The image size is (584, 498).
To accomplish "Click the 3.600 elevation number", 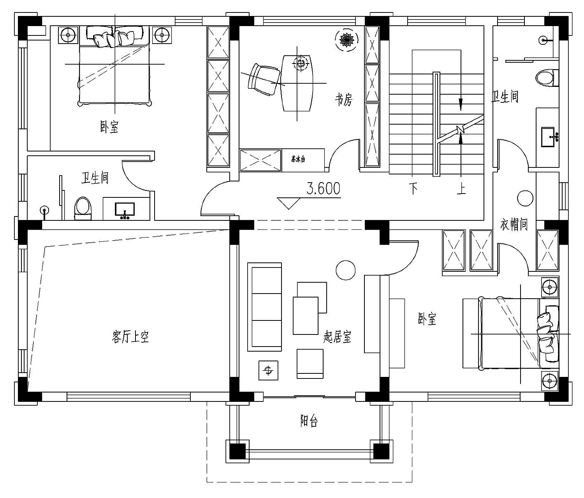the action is [324, 188].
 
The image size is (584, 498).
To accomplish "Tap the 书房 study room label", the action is [344, 100].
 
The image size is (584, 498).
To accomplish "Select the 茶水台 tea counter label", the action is [298, 159].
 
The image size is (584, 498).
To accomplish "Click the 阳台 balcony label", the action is [309, 421].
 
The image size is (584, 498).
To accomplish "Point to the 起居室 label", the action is [337, 337].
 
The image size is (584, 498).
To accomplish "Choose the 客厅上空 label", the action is [130, 337].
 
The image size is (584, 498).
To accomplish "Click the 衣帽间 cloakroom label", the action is [514, 225].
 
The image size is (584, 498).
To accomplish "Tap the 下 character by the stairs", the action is [413, 188].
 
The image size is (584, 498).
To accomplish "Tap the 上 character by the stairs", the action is [461, 188].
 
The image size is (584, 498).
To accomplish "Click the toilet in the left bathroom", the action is [83, 209].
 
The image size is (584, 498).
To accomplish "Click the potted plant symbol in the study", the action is [347, 40].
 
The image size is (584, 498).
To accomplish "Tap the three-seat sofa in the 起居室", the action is [264, 307].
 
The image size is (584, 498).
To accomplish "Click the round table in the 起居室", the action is [346, 270].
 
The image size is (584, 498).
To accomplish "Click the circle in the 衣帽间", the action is [525, 198].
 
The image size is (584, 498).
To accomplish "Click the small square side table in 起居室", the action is [268, 370].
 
